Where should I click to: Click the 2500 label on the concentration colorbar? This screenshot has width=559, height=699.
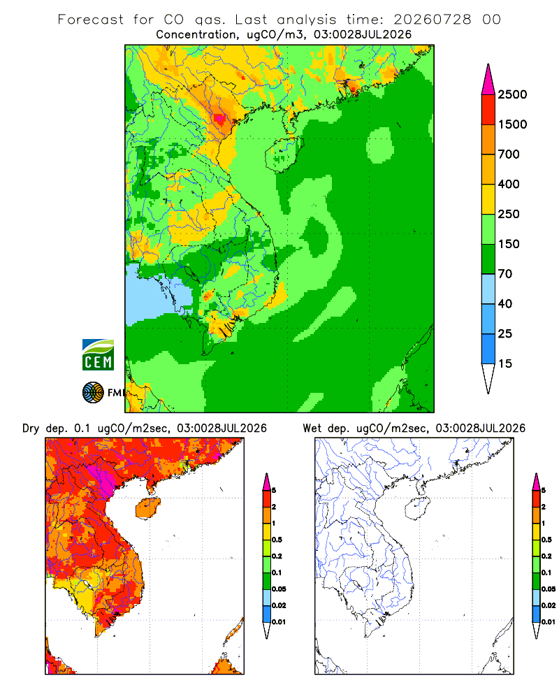(512, 94)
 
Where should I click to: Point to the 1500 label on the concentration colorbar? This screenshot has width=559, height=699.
(512, 124)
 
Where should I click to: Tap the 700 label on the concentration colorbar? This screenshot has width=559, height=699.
(509, 154)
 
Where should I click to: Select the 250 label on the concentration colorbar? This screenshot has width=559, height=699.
(509, 214)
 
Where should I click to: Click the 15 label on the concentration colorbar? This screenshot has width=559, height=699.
(505, 363)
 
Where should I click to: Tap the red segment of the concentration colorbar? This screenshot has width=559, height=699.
(488, 110)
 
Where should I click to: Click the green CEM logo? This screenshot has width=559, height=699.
(98, 355)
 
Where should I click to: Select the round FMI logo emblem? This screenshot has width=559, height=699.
(93, 393)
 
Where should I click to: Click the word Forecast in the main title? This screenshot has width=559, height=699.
(91, 20)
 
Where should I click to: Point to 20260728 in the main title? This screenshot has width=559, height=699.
(433, 20)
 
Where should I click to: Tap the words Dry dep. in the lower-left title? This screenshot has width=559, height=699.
(44, 428)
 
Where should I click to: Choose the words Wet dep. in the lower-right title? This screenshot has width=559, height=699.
(325, 428)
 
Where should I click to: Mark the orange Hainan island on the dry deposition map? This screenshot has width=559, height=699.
(147, 508)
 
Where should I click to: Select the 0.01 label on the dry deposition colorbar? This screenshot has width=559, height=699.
(279, 622)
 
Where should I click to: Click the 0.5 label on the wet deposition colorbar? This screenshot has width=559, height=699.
(546, 540)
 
